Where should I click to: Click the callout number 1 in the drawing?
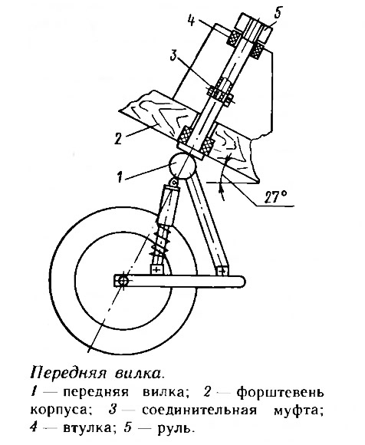tap(120, 176)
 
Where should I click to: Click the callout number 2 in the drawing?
tap(117, 138)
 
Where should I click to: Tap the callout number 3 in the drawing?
tap(173, 56)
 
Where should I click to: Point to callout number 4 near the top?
tap(191, 20)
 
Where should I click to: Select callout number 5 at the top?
tap(278, 13)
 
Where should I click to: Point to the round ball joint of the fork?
tap(182, 165)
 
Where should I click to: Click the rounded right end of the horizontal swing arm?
tap(241, 281)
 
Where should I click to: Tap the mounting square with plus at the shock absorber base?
tap(156, 269)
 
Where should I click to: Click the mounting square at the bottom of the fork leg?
tap(222, 271)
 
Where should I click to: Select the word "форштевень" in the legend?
tap(280, 393)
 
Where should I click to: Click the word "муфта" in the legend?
tap(298, 410)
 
